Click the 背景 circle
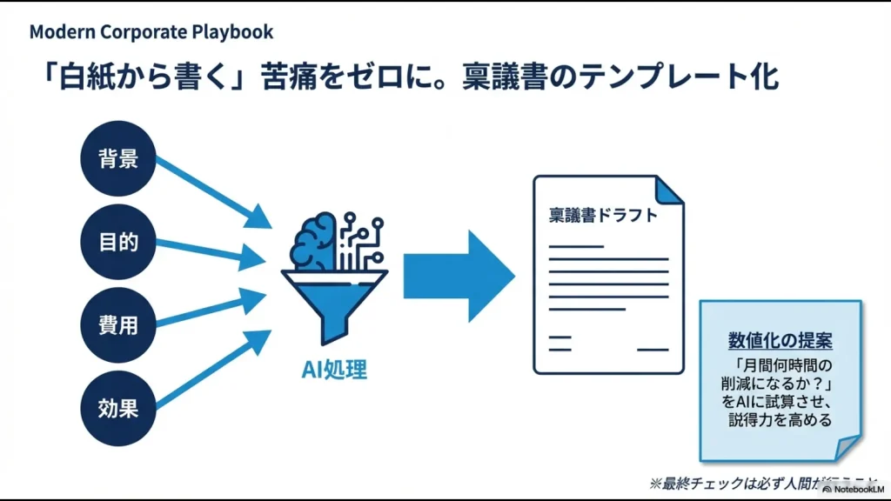tap(118, 160)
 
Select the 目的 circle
tap(118, 242)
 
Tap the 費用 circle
tap(118, 324)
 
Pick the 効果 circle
tap(118, 407)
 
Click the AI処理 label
tap(334, 370)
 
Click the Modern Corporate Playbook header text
tap(151, 32)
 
